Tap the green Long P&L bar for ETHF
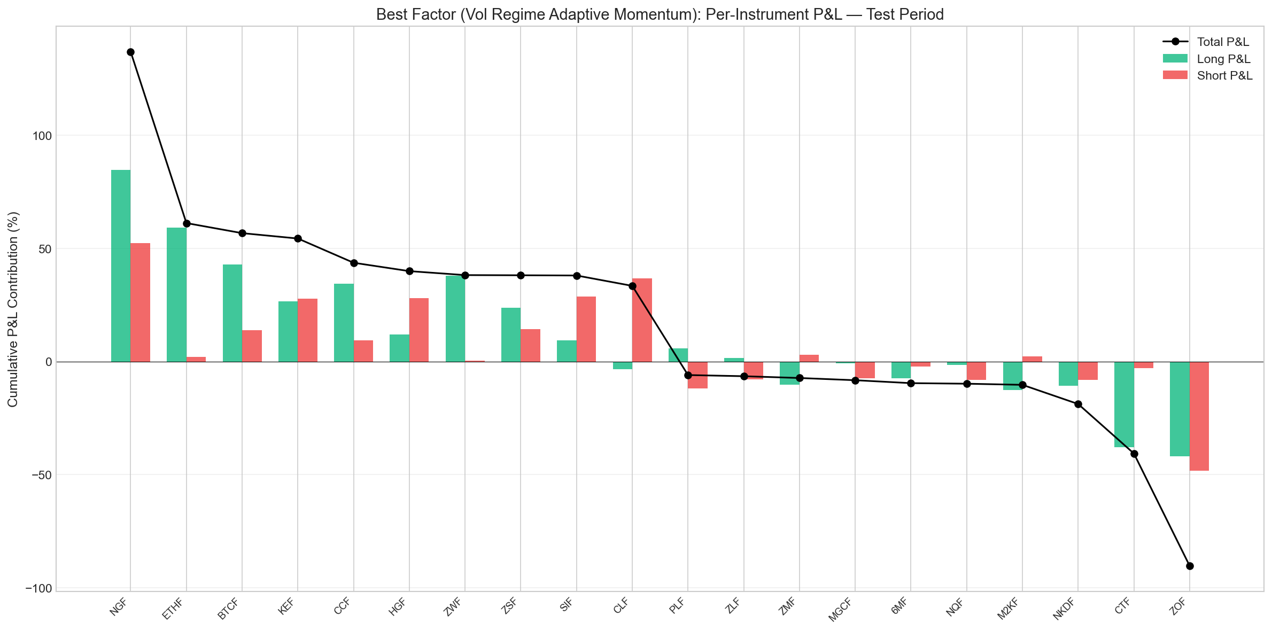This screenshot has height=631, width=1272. point(176,294)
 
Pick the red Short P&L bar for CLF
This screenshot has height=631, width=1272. point(642,320)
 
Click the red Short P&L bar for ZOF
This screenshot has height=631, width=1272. point(1199,416)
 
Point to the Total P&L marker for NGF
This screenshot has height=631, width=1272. point(130,52)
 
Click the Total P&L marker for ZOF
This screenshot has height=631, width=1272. point(1190,566)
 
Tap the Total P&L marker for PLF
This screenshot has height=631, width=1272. point(688,375)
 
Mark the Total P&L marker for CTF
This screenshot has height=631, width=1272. point(1134,454)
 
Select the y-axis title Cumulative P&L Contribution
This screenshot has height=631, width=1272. point(13,309)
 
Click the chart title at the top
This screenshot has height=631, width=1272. point(660,14)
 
